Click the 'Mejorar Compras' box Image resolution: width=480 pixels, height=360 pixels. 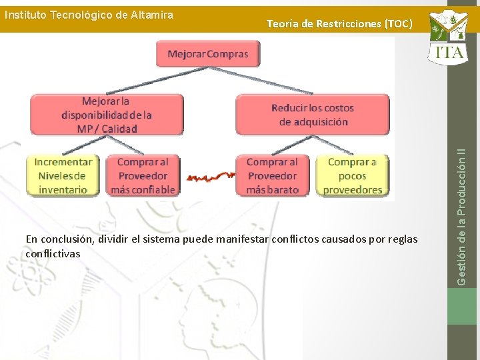click(x=208, y=54)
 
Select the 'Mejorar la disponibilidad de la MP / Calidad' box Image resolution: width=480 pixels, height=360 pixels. click(x=107, y=115)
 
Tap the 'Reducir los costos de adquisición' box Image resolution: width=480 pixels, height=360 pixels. click(x=313, y=115)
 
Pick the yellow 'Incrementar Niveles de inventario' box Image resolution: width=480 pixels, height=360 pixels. click(x=63, y=175)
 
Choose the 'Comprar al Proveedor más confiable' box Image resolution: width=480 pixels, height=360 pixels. click(x=143, y=175)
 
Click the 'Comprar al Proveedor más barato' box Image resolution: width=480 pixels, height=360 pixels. click(x=272, y=175)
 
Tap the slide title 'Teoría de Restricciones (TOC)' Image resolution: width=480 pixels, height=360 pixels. click(x=339, y=24)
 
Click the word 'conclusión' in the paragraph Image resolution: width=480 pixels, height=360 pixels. click(x=67, y=239)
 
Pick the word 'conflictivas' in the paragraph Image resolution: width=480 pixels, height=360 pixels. click(x=53, y=253)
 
